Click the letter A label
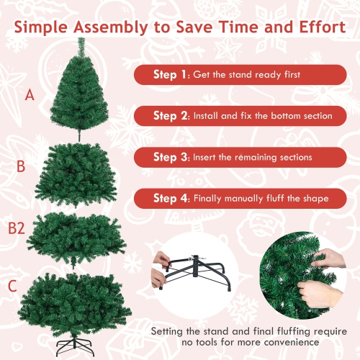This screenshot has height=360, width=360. pyautogui.click(x=30, y=94)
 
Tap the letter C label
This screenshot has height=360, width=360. pyautogui.click(x=12, y=286)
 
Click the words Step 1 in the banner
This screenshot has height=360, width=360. pyautogui.click(x=171, y=74)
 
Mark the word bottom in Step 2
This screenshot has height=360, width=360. pyautogui.click(x=283, y=115)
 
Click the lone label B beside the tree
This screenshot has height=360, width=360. pyautogui.click(x=21, y=166)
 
